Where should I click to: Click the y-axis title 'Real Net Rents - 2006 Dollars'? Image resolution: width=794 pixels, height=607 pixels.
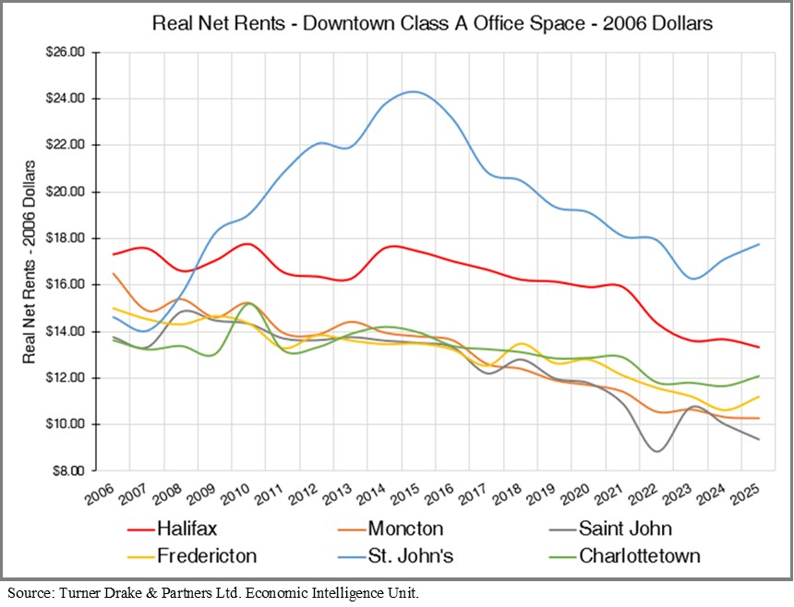30,260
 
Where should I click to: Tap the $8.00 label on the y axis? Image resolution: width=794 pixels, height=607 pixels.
68,470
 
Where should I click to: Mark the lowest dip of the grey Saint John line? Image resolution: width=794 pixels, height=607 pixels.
656,451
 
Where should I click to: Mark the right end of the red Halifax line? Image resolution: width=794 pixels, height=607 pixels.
759,347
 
